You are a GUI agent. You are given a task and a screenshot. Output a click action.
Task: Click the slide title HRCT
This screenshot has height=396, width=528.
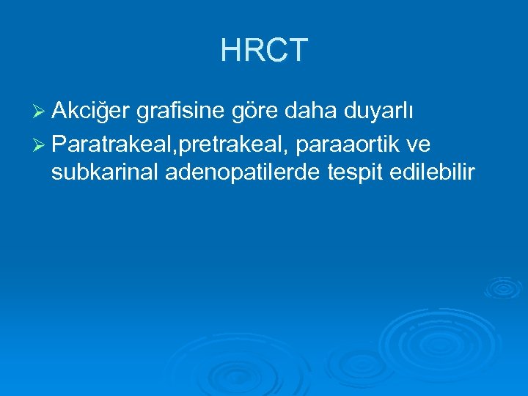click(x=264, y=50)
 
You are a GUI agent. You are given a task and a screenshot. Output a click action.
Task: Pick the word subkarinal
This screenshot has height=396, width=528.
click(x=106, y=173)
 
